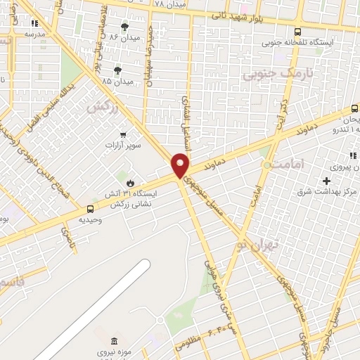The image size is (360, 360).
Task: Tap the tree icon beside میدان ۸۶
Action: point(125,27)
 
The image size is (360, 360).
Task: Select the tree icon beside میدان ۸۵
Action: point(117,70)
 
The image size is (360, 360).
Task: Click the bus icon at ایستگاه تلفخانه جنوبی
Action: point(297,32)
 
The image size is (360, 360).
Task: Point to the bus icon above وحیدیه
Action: point(90,209)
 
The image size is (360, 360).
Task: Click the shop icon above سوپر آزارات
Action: point(123,134)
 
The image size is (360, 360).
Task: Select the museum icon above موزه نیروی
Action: point(115,340)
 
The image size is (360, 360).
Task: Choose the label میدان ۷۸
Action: point(169,5)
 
